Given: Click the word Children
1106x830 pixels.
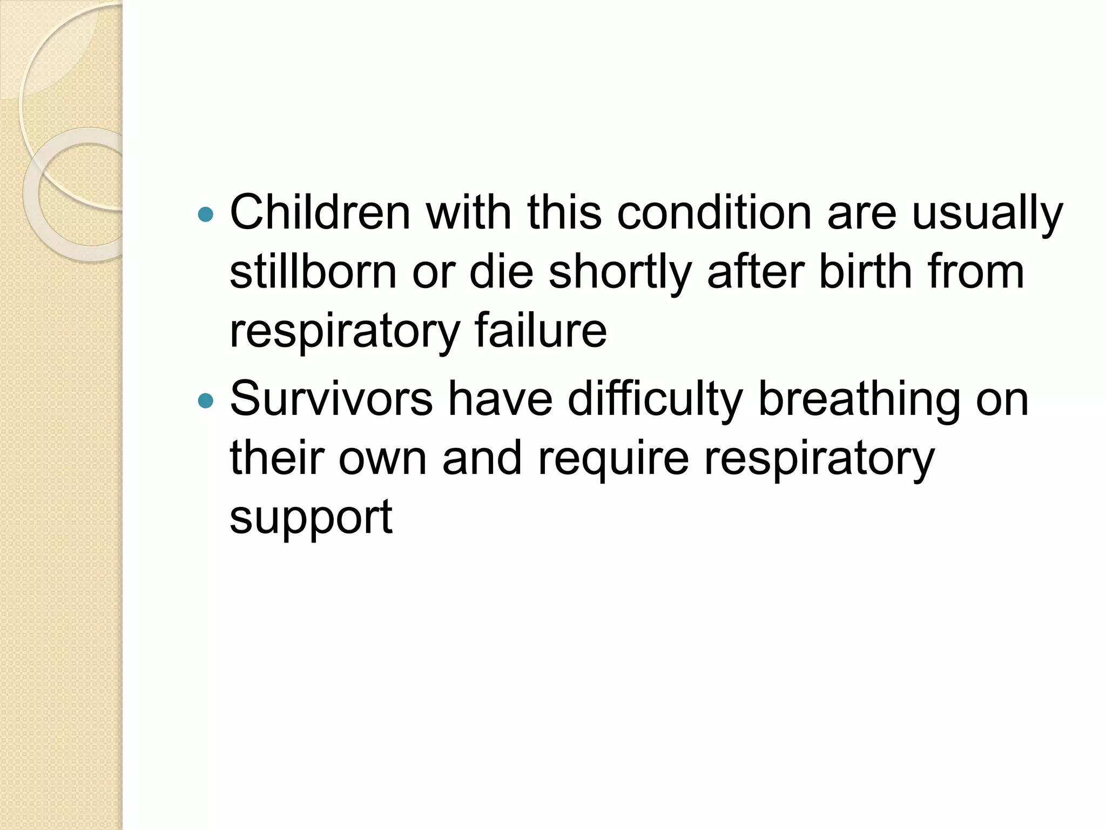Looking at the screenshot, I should tap(320, 212).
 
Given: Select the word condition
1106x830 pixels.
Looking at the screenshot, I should tap(714, 212).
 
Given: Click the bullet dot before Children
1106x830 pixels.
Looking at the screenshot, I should tap(206, 214).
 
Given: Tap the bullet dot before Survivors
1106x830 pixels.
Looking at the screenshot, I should tap(206, 400).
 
